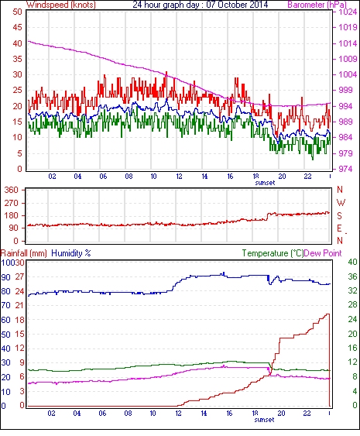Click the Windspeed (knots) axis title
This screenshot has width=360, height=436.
tap(60, 5)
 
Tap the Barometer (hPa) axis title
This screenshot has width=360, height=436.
tap(317, 5)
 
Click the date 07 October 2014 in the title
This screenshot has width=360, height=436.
tap(237, 5)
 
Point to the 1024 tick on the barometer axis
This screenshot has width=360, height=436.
tap(348, 12)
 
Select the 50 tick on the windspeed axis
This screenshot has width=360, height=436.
tap(17, 12)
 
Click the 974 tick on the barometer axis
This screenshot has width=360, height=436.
tap(345, 169)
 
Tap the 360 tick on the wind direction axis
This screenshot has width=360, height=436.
tap(12, 191)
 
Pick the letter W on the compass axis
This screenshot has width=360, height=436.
tap(341, 203)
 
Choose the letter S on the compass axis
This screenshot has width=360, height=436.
tap(339, 216)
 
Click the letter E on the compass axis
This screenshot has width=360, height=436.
tap(339, 228)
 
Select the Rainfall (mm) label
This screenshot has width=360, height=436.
tap(24, 253)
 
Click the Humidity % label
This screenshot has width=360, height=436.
tap(71, 253)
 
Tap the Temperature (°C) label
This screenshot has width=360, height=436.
tap(273, 253)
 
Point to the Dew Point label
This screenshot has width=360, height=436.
tap(323, 253)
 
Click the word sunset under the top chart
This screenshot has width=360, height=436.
tap(265, 183)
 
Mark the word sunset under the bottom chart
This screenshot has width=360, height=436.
tap(264, 419)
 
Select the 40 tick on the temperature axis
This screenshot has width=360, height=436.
tap(353, 262)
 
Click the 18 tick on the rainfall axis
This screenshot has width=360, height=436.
tap(20, 320)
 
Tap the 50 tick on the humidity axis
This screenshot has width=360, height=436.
tap(5, 334)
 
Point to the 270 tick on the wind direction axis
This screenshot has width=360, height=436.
tap(12, 203)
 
